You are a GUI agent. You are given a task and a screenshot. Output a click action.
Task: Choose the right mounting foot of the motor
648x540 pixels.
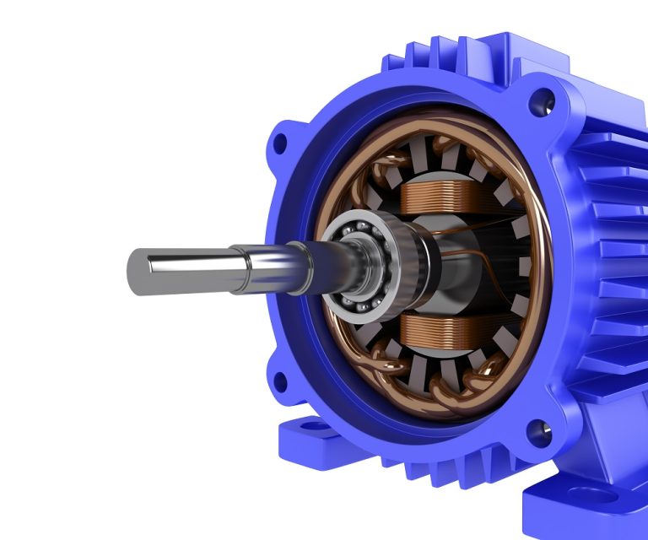coord(582,506)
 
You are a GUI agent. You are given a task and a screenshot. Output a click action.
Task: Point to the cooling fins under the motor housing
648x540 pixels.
coord(439,460)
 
